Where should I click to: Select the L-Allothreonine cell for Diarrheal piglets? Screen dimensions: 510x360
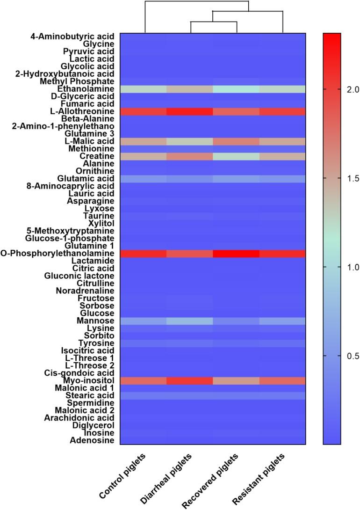tap(190, 111)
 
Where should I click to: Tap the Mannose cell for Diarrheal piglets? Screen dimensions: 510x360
tap(190, 321)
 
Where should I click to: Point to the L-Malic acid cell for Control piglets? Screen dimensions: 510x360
tap(144, 141)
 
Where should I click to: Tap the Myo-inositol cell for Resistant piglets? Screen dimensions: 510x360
tap(282, 380)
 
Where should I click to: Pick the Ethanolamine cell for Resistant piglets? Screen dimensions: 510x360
tap(282, 89)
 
